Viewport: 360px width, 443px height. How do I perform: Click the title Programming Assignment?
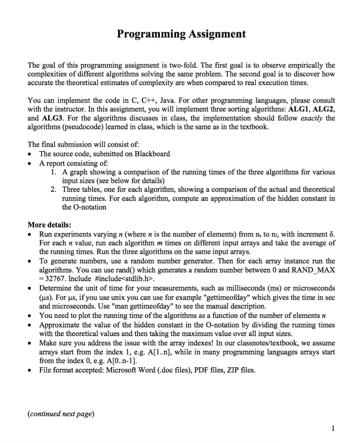[x=181, y=34]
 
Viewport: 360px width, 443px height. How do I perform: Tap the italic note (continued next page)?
[x=61, y=414]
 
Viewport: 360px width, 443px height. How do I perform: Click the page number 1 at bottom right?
[x=332, y=428]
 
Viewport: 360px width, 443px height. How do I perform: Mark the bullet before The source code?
[x=30, y=154]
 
